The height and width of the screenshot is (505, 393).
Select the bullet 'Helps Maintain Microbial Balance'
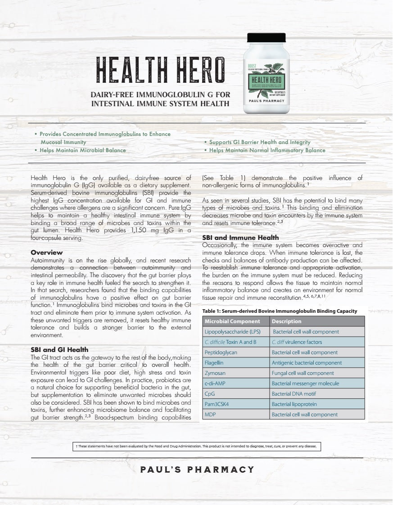(82, 150)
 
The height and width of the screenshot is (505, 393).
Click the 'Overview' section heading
(46, 252)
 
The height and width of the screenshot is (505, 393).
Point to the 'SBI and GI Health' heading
(59, 349)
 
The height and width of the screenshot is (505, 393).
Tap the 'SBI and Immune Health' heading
(240, 237)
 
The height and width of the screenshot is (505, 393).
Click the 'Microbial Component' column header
(232, 321)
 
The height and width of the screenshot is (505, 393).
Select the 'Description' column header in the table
(286, 321)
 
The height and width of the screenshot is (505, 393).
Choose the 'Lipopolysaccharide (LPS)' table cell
(233, 332)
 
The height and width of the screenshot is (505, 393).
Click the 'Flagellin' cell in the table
(214, 363)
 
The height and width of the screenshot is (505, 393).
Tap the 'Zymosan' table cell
(215, 373)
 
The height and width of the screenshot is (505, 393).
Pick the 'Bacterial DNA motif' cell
(294, 394)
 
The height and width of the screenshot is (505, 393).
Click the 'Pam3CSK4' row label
(217, 404)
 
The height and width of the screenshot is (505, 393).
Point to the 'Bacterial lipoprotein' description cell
(294, 404)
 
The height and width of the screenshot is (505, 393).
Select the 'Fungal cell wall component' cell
(303, 373)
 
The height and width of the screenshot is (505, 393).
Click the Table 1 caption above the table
(280, 311)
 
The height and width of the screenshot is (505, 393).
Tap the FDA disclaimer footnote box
(197, 446)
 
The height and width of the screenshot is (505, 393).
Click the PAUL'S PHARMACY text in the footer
(197, 469)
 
